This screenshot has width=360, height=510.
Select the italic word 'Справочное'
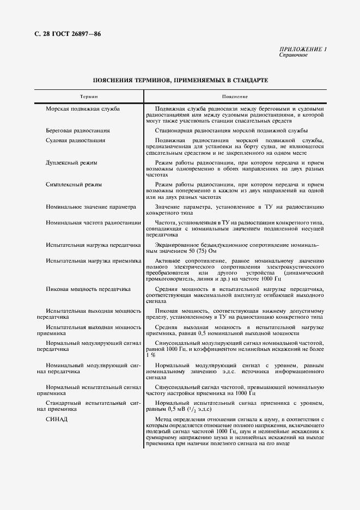[294, 55]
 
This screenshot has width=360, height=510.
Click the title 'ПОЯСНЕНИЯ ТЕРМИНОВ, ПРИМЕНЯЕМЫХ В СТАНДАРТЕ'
[180, 80]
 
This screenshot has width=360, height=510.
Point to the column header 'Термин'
[89, 96]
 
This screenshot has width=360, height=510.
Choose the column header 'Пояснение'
[235, 96]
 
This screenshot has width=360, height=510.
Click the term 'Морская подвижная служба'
[83, 109]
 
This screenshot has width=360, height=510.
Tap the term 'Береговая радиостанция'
[78, 131]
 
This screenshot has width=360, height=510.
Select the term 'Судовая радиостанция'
[76, 141]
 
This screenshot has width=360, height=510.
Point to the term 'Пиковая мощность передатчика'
[88, 289]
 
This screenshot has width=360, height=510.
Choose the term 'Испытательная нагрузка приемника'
[94, 261]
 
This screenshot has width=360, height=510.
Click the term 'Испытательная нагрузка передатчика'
[94, 246]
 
